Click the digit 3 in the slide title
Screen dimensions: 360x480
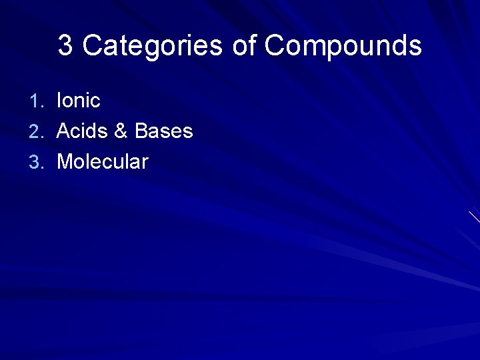click(x=65, y=46)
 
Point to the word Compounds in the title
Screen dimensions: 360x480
click(x=343, y=46)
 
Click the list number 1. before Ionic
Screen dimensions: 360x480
click(x=38, y=101)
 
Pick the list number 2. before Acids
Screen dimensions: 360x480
click(x=38, y=131)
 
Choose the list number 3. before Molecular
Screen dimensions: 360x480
click(x=38, y=161)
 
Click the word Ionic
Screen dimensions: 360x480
click(x=79, y=101)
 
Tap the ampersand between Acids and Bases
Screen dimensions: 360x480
click(x=121, y=131)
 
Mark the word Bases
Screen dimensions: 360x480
click(x=163, y=131)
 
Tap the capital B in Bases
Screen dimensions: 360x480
click(x=141, y=131)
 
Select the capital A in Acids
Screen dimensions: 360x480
click(x=64, y=131)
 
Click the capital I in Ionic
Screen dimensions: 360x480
click(x=60, y=101)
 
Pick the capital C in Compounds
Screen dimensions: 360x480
click(x=275, y=46)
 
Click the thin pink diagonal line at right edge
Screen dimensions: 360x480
click(x=474, y=217)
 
